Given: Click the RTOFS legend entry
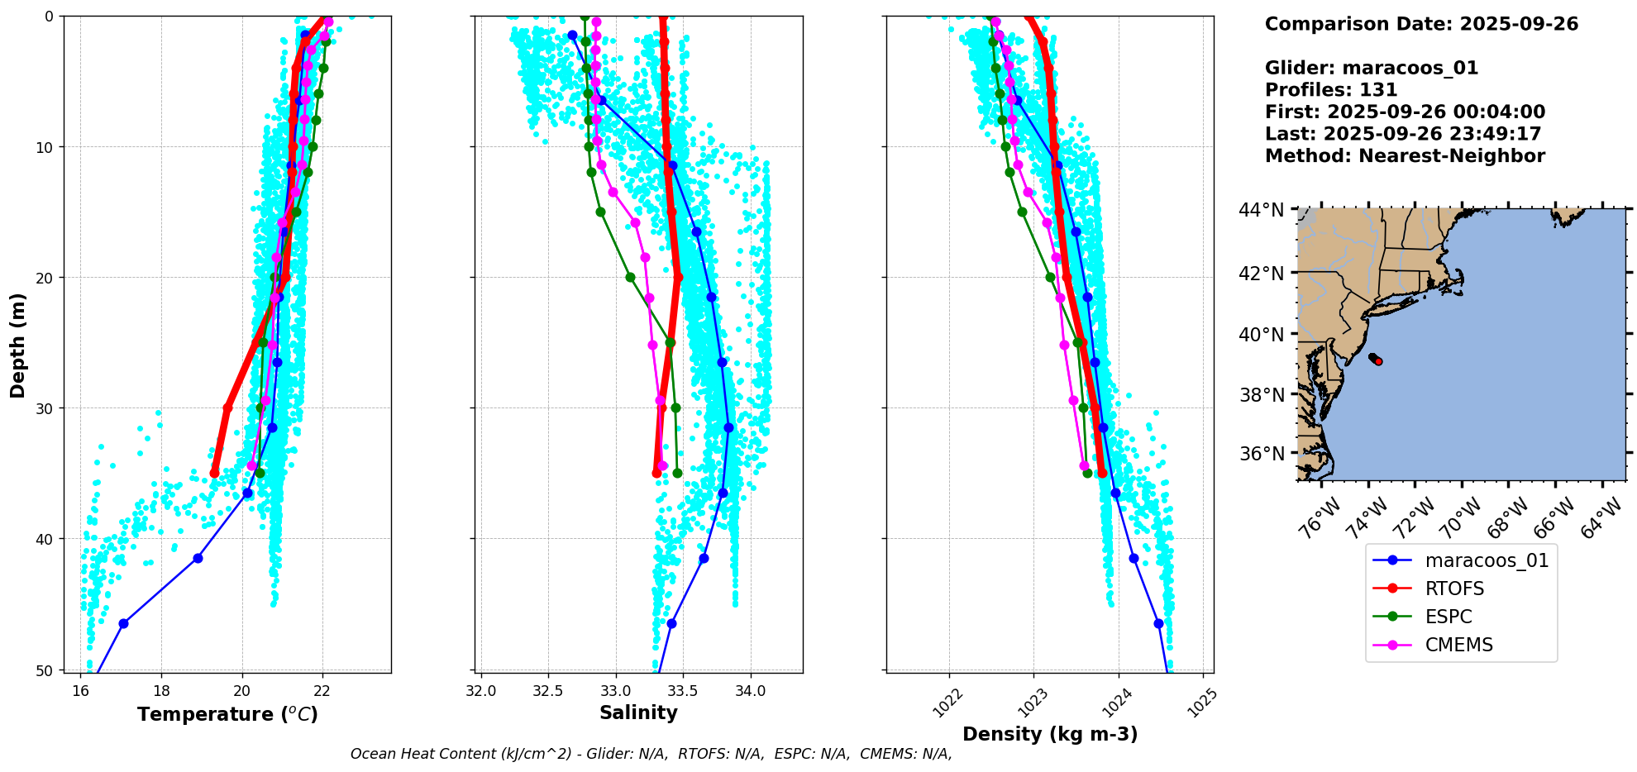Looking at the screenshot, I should click(x=1454, y=589).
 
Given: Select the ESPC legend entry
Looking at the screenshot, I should click(x=1448, y=617).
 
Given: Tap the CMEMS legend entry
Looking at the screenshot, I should click(x=1458, y=645).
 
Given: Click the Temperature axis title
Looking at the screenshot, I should click(x=227, y=714).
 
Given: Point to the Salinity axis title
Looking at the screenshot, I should click(x=638, y=712).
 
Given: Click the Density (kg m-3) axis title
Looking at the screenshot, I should click(x=1050, y=734).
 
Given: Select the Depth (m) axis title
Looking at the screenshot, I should click(x=18, y=345).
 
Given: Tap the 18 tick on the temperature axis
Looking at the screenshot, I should click(x=161, y=691).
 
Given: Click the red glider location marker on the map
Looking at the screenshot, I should click(x=1378, y=361).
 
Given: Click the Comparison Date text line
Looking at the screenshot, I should click(x=1421, y=24).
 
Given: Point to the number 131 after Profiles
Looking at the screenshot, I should click(x=1378, y=90).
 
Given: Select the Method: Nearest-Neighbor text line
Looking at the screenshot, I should click(x=1405, y=156).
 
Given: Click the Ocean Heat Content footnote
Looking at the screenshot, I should click(x=651, y=754).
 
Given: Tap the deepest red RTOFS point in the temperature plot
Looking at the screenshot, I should click(x=215, y=473).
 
